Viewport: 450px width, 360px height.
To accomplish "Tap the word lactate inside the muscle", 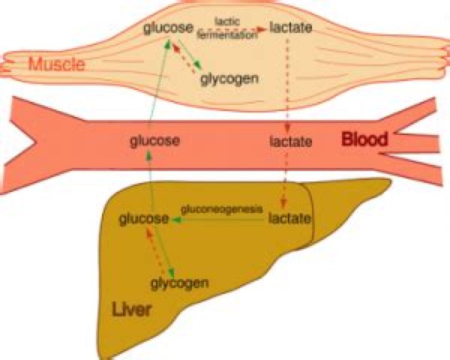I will point(290,28).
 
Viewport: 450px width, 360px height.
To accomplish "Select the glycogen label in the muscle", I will point(229,79).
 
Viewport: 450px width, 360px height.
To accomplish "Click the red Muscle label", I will point(57,64).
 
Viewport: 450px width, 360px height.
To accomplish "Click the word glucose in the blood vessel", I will point(155,141).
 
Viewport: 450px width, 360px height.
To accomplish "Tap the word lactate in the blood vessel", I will point(291,141).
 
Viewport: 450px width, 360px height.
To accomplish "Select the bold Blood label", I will point(364,139).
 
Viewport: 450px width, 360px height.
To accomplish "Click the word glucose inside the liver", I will point(144,218).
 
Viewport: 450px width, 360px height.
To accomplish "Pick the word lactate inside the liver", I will point(289,218).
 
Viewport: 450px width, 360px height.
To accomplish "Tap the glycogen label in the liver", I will point(179,283).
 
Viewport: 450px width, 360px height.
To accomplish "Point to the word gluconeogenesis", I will point(221,209).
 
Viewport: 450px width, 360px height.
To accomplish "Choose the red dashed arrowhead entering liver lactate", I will point(283,203).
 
